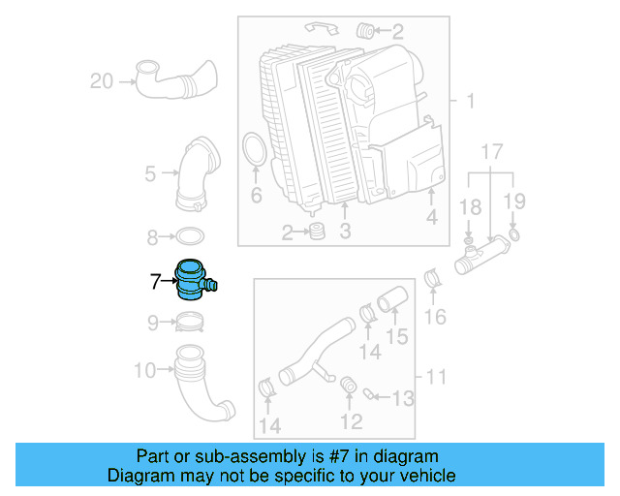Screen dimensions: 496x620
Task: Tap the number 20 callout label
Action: (102, 81)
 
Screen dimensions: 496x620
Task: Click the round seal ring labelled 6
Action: (255, 153)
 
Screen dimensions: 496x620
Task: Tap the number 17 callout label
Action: (492, 152)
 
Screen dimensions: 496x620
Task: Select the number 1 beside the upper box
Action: (471, 102)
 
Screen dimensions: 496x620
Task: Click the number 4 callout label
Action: (432, 218)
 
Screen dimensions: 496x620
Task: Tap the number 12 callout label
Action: (351, 421)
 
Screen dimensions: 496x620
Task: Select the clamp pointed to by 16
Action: (434, 282)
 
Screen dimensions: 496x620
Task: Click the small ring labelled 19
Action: (514, 235)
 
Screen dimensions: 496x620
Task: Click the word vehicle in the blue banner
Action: (422, 476)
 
